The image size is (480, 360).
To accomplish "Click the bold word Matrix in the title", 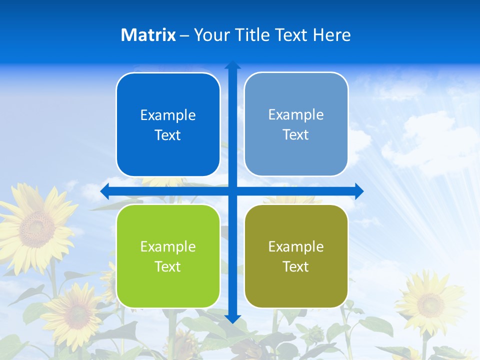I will tap(148, 35).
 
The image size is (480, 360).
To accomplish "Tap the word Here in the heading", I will tap(331, 35).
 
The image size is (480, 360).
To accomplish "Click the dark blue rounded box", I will tap(168, 124).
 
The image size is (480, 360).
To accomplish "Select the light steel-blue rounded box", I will tap(296, 124).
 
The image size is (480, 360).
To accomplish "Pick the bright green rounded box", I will tap(168, 256).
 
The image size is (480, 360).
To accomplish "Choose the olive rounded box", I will tap(296, 256).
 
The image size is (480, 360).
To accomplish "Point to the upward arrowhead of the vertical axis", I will tap(232, 65).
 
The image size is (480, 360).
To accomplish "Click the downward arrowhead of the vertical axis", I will tap(232, 318).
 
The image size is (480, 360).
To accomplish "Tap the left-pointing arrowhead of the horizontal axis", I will tap(105, 191).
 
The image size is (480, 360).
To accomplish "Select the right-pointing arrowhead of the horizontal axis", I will tap(359, 191).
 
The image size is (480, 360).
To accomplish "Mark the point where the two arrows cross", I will tap(232, 191).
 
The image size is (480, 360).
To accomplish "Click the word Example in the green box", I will tap(168, 246).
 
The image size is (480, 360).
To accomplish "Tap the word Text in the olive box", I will tap(296, 266).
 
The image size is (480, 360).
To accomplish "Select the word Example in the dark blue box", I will tap(168, 115).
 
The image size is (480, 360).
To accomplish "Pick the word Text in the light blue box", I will tap(296, 134).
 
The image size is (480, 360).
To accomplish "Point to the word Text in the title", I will tap(291, 35).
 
